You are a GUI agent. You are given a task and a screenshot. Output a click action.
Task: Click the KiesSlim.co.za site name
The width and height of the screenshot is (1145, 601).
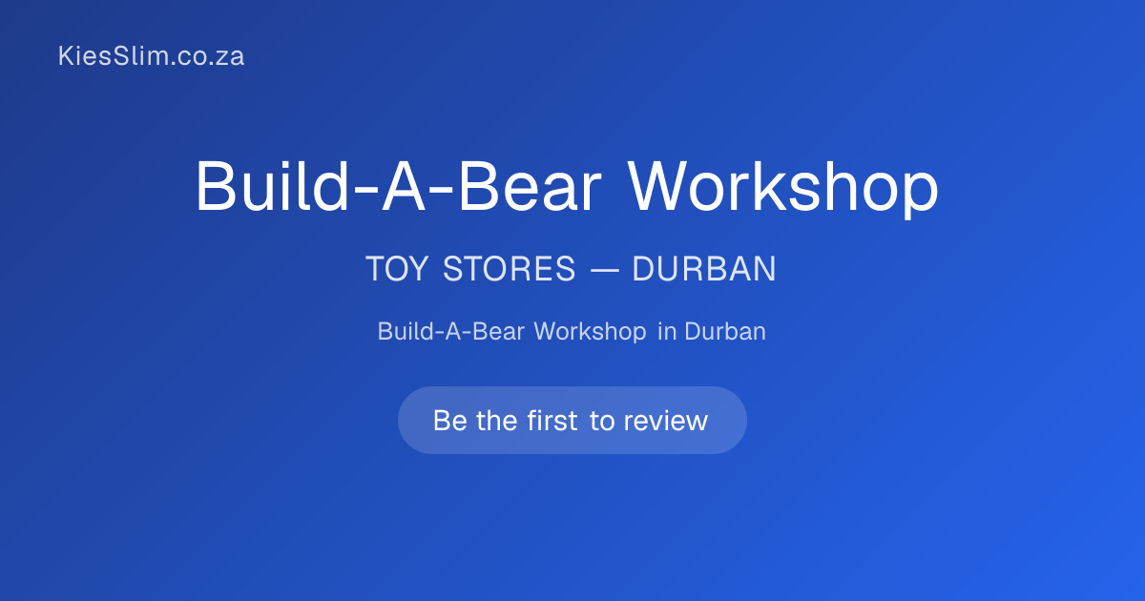[x=152, y=55]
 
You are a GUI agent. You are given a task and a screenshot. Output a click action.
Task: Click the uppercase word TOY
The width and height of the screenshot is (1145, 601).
[x=397, y=269]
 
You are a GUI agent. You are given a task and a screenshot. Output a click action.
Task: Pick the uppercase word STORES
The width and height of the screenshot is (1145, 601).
[x=510, y=269]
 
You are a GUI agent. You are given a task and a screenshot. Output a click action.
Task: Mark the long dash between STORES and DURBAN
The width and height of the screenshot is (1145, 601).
[x=605, y=270]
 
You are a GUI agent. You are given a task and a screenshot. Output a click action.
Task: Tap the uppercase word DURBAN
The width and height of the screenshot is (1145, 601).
[x=704, y=269]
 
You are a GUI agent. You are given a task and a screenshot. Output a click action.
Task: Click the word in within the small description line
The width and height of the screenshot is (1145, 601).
[x=667, y=332]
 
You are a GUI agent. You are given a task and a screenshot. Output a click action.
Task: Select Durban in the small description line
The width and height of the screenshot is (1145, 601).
[x=725, y=332]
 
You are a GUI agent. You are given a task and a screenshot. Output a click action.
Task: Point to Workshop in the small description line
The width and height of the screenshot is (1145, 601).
[x=591, y=332]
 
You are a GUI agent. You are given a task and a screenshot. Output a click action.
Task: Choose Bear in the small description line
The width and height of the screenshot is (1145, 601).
[x=498, y=332]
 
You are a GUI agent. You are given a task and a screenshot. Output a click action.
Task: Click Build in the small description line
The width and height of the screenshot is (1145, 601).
[x=406, y=332]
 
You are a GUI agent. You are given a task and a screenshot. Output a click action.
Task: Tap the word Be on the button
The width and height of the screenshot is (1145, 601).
[x=449, y=421]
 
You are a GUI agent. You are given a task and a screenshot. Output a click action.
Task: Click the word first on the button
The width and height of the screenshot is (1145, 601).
[x=552, y=421]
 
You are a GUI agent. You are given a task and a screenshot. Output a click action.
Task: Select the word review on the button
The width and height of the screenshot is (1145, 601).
[x=666, y=421]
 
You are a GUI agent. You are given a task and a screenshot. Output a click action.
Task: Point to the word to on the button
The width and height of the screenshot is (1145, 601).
[x=602, y=421]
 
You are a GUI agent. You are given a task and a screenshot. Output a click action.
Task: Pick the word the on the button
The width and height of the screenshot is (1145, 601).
[x=497, y=421]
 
